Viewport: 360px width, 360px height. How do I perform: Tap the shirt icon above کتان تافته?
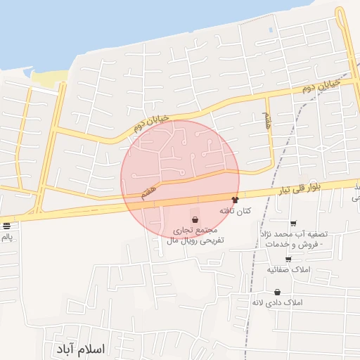click(x=235, y=200)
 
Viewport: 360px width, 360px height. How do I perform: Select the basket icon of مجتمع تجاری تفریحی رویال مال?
click(x=195, y=220)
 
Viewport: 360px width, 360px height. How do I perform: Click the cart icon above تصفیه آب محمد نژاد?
click(x=293, y=224)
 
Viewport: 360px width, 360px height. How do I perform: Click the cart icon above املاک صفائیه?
click(x=288, y=259)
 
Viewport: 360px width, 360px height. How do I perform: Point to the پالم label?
click(x=7, y=237)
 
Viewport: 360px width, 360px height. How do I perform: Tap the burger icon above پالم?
click(x=7, y=226)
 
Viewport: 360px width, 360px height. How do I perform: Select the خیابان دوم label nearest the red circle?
click(x=150, y=124)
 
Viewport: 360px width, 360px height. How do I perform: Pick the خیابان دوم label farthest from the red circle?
click(x=321, y=87)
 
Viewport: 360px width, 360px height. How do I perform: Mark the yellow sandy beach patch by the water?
click(x=48, y=77)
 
